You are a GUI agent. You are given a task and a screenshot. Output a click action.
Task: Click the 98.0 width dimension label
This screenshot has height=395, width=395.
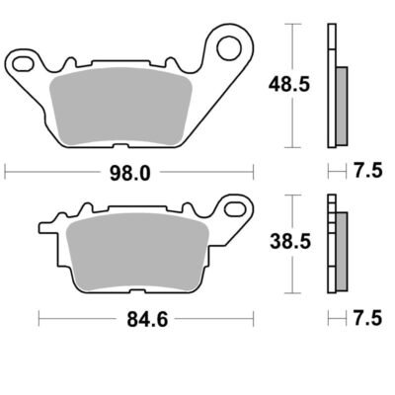(x=129, y=173)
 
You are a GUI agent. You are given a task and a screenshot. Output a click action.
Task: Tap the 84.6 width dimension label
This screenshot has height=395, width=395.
(x=147, y=319)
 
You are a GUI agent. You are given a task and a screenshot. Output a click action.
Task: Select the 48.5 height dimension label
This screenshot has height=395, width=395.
(x=289, y=85)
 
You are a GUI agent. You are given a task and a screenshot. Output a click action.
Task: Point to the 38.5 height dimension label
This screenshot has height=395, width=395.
(x=290, y=242)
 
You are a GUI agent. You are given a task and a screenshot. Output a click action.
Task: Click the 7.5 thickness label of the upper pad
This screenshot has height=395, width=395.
(x=368, y=171)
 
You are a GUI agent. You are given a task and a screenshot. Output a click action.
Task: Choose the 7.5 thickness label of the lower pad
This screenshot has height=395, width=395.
(x=368, y=318)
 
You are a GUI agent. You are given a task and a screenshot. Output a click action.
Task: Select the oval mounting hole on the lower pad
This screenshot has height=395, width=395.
(x=236, y=209)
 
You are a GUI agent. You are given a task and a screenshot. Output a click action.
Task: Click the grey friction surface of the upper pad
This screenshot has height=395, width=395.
(x=120, y=107)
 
